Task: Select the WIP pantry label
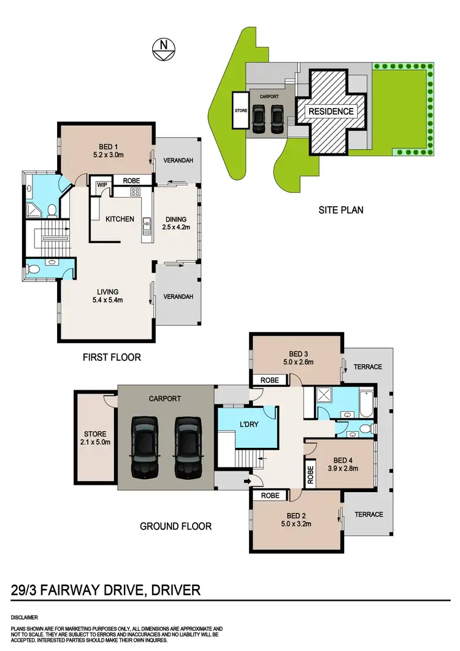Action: coord(98,182)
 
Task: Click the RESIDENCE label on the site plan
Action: coord(331,112)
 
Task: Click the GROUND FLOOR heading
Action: coord(175,526)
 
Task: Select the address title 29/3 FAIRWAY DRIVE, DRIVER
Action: coord(106,590)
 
